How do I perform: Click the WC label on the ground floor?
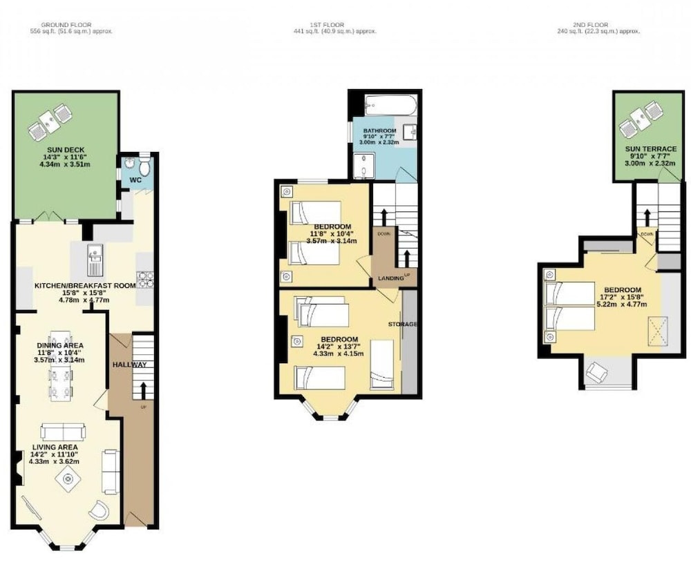[x=135, y=180]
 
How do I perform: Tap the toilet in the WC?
[x=144, y=166]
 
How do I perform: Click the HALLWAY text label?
[x=130, y=365]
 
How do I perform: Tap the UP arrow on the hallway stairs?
[x=143, y=390]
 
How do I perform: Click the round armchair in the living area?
[x=99, y=511]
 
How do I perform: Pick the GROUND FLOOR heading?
[x=66, y=25]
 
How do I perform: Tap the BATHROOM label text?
[x=379, y=131]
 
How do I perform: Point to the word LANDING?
[x=391, y=278]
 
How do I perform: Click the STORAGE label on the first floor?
[x=402, y=324]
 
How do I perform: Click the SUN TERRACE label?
[x=651, y=149]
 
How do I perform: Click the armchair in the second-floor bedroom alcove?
[x=597, y=373]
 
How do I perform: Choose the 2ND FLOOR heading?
[x=591, y=25]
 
